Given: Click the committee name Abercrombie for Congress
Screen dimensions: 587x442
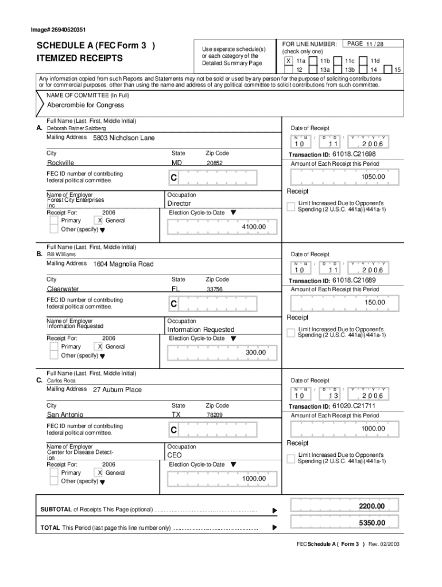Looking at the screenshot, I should coord(86,105).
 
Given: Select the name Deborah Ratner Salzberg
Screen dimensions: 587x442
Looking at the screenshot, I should coord(76,129).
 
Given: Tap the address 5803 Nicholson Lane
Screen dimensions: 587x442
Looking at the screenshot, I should coord(123,138).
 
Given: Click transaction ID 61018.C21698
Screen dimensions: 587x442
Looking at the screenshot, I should coord(354,154).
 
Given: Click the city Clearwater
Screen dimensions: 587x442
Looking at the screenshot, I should coord(63,289).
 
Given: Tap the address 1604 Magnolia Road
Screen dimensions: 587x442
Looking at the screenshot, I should coord(123,264).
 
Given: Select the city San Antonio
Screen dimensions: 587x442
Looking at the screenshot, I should coord(65,414).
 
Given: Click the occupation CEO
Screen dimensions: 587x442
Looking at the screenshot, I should coord(174,455).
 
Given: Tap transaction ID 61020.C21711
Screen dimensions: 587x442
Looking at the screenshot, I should coord(354,406).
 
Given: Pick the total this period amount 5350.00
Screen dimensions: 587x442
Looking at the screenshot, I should coord(371,523).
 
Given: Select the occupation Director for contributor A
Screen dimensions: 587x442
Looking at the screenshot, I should coord(179,204).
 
